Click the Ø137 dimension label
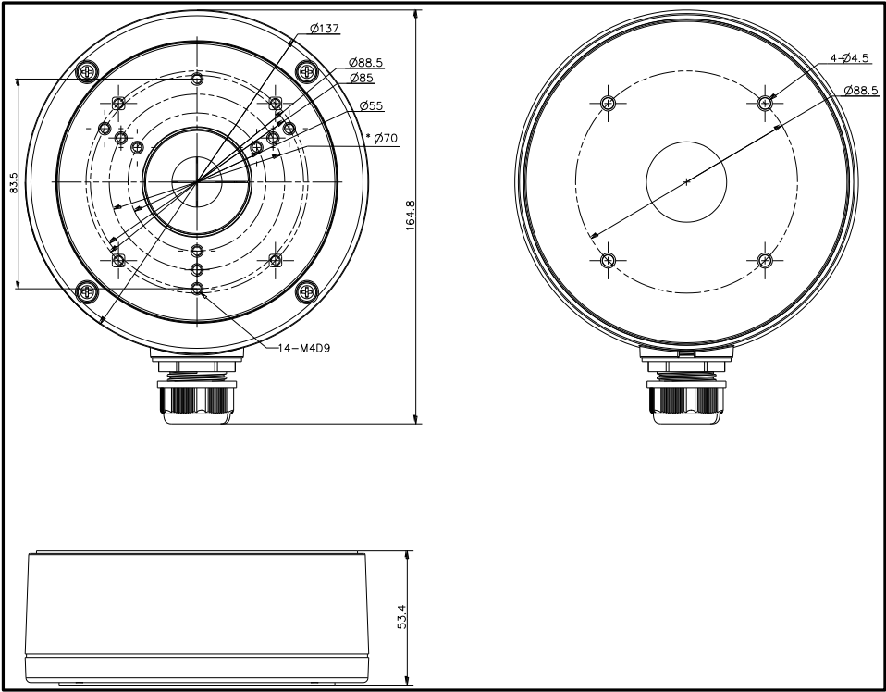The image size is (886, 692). pos(325,28)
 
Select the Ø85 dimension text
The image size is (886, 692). pos(362,78)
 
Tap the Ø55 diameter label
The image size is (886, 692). pos(371,105)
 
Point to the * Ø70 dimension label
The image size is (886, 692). pos(382,138)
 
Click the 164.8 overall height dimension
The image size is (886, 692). pos(411,215)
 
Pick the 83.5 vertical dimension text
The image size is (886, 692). pos(14,183)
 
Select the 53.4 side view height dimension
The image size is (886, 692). pos(401,617)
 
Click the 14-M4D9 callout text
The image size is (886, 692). pos(304,348)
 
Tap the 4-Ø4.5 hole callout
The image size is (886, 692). pos(849,57)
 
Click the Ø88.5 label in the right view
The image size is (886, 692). pos(861,91)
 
